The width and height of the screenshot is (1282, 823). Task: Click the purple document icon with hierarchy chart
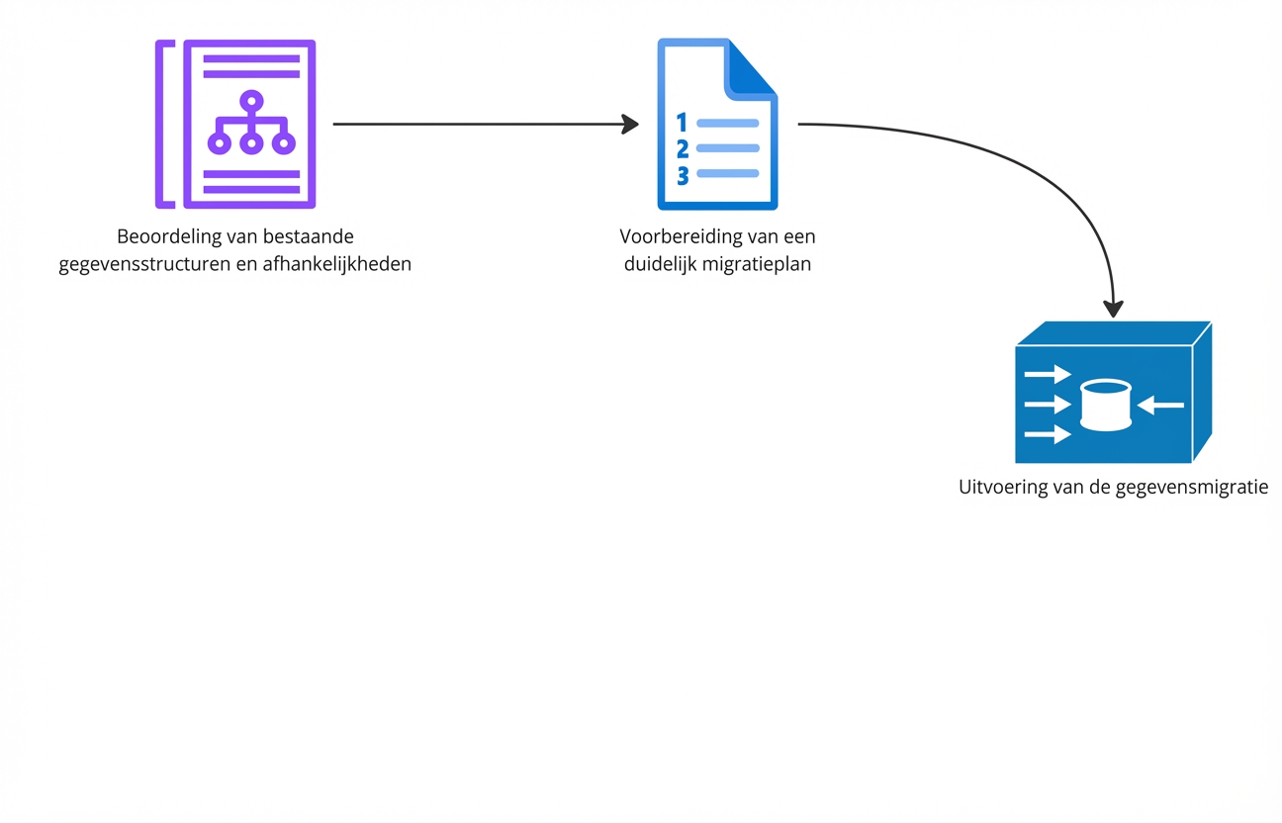click(x=248, y=125)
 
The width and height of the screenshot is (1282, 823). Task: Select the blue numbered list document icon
click(x=717, y=125)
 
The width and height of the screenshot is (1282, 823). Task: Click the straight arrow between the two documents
click(x=485, y=125)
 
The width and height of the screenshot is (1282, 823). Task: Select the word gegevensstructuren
click(x=144, y=265)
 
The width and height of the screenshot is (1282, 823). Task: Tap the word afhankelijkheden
click(x=340, y=265)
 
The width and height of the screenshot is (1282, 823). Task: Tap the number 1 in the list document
click(x=681, y=123)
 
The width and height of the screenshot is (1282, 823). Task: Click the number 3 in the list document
click(x=683, y=175)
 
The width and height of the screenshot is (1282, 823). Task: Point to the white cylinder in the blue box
click(x=1105, y=405)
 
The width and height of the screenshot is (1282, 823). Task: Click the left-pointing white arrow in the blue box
click(x=1160, y=404)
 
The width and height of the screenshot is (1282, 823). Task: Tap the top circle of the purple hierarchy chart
click(x=251, y=100)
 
